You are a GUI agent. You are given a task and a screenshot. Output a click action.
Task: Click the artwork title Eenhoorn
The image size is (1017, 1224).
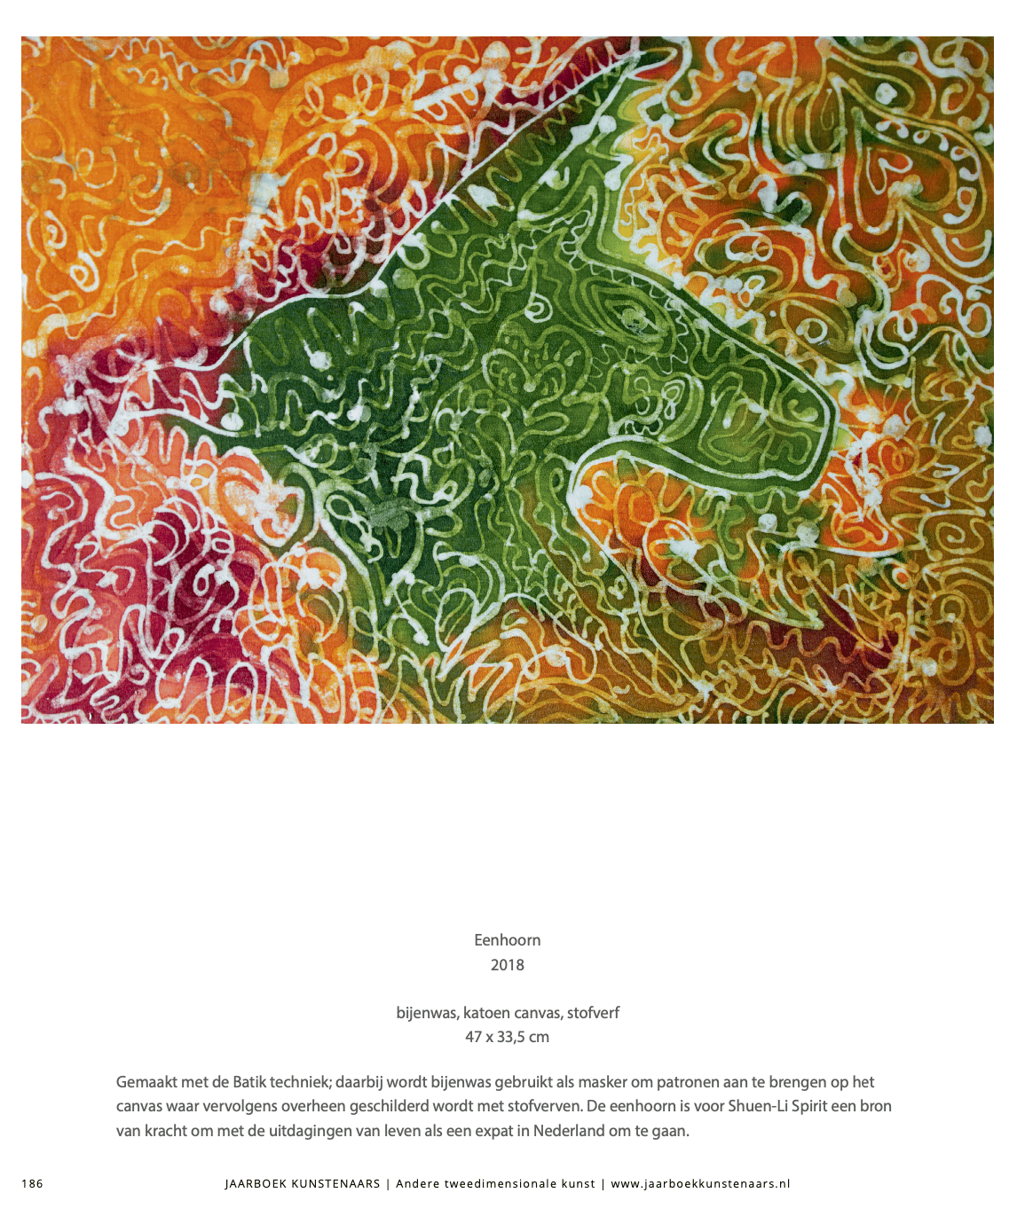point(507,940)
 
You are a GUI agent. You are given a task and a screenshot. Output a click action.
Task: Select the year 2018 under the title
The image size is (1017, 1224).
point(507,965)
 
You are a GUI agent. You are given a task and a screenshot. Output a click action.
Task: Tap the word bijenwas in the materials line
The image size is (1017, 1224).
point(426,1013)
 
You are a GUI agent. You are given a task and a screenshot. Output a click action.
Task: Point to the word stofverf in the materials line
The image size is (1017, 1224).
point(593,1013)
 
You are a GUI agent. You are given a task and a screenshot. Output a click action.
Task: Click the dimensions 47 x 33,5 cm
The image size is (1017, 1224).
point(507,1037)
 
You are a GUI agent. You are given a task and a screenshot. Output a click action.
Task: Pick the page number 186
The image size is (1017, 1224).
point(32,1183)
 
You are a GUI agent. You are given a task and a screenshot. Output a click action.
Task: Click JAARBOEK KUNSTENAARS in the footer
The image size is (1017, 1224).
point(303,1183)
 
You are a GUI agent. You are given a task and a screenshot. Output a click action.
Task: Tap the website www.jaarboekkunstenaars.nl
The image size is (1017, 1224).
point(700,1183)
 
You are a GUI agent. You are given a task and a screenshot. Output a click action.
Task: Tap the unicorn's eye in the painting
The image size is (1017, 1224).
point(632,320)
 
